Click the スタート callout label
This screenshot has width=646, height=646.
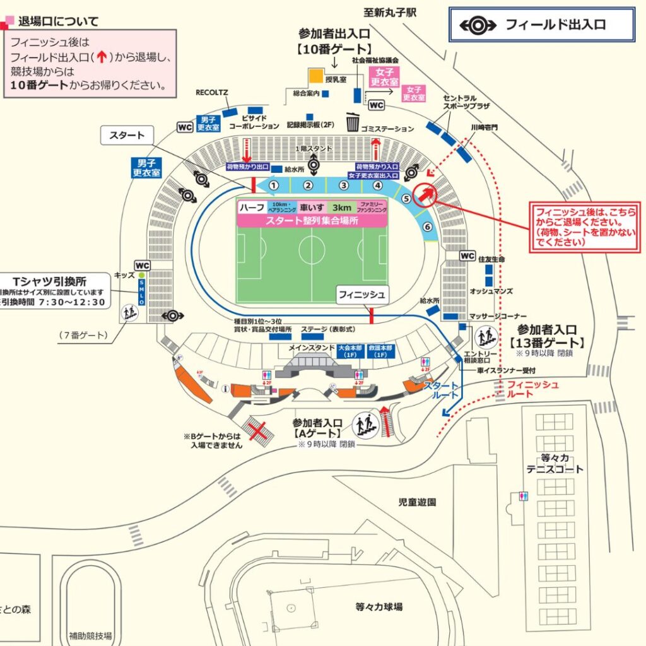coord(127,135)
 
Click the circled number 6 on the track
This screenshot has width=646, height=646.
coord(428,227)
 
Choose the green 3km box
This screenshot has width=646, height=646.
coord(342,207)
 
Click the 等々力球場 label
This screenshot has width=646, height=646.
coord(379,607)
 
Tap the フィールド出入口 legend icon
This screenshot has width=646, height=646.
coord(478,25)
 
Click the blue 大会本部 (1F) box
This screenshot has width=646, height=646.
coord(352,351)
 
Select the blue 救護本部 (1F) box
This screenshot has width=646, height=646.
coord(381,351)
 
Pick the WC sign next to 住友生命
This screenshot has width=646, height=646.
coord(467,255)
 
